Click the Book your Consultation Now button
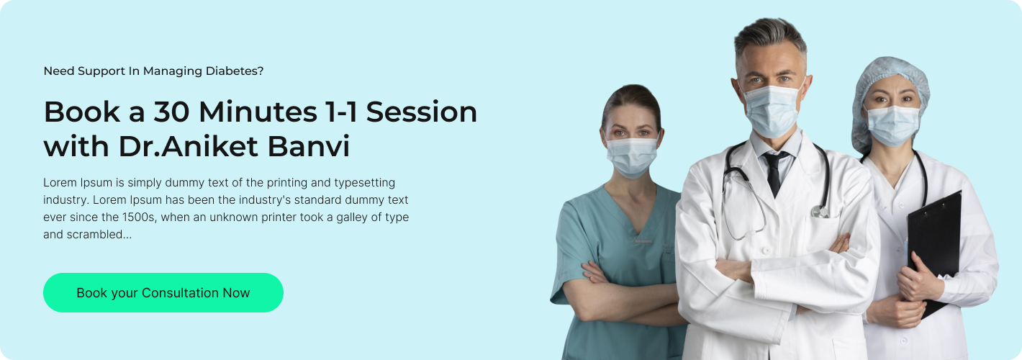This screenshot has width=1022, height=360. [x=163, y=292]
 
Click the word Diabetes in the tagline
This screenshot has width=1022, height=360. [x=235, y=71]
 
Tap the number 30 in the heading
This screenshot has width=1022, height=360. [x=171, y=112]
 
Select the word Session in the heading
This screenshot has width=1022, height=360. [x=422, y=112]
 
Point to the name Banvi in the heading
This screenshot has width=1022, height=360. [x=309, y=146]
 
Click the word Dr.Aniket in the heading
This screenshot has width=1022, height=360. [x=189, y=146]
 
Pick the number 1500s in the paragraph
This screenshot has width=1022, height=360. [x=140, y=217]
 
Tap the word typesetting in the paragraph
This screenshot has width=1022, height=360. [x=365, y=183]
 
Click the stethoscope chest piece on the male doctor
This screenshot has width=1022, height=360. [x=820, y=212]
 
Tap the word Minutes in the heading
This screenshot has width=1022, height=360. [x=258, y=112]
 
